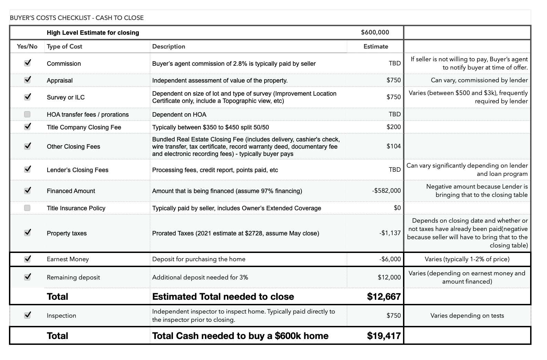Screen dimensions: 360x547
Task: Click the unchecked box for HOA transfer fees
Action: click(27, 114)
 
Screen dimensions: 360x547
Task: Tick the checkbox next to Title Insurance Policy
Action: click(27, 208)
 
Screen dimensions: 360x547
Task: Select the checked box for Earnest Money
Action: click(28, 259)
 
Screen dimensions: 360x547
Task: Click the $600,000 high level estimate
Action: click(375, 32)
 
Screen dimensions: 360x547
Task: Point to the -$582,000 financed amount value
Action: click(386, 191)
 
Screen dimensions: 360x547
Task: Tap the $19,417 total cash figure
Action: click(384, 336)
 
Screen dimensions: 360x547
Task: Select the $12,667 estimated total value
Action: click(384, 296)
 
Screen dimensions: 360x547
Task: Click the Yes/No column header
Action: click(27, 46)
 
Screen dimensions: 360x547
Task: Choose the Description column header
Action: click(168, 46)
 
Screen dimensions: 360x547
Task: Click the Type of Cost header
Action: click(64, 46)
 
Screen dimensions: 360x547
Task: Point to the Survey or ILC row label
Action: click(65, 97)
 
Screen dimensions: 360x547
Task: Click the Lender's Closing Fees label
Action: click(78, 170)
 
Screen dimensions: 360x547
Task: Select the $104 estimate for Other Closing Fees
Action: click(393, 146)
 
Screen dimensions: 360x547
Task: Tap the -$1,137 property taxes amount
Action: click(390, 233)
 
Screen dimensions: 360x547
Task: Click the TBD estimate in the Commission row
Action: click(394, 63)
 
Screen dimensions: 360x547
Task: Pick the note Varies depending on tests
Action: click(467, 316)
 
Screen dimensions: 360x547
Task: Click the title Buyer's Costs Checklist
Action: click(76, 18)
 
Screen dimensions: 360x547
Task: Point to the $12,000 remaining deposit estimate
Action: click(389, 277)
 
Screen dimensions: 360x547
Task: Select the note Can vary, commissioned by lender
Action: click(479, 80)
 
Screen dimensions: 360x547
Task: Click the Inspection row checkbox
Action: click(28, 315)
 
